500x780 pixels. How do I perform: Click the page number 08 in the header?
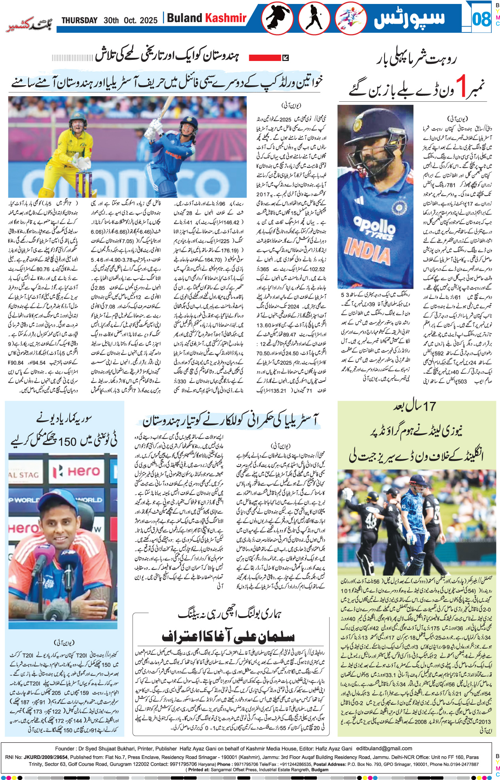click(481, 19)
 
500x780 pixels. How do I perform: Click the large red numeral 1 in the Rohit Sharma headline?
click(462, 86)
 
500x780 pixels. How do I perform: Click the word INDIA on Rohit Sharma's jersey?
click(367, 251)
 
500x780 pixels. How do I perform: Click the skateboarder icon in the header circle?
click(279, 19)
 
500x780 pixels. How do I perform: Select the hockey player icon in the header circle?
click(314, 19)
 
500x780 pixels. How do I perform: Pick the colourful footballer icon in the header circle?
click(350, 19)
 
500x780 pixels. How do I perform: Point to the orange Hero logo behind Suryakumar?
click(83, 472)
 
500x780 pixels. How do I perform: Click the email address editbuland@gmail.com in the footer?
click(384, 748)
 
